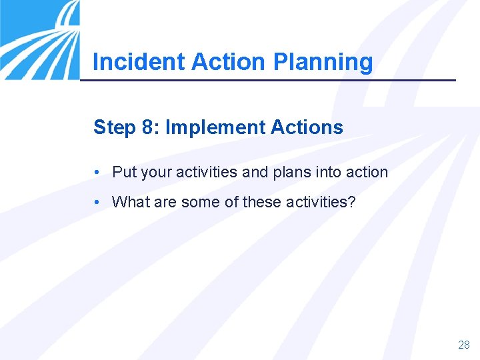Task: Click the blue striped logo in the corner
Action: (39, 39)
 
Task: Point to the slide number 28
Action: (464, 345)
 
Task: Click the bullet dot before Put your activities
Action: (97, 172)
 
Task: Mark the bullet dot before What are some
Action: (97, 201)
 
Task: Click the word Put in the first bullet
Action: (124, 172)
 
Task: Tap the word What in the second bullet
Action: (131, 201)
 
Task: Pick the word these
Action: (262, 201)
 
